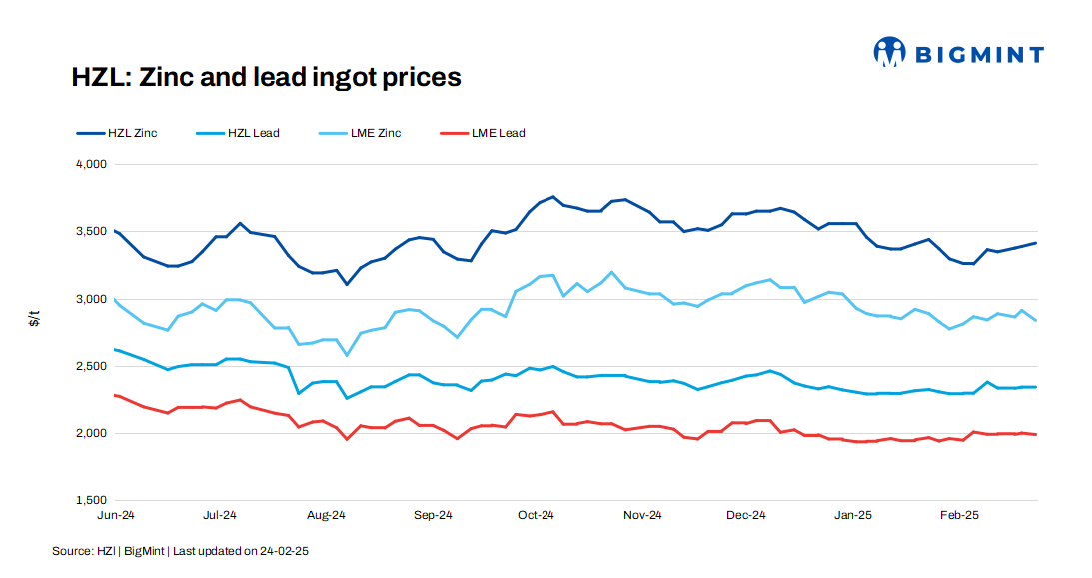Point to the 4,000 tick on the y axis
91,164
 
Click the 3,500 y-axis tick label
91,231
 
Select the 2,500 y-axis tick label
91,366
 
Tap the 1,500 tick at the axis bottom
91,500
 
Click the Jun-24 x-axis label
115,516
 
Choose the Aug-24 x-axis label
326,516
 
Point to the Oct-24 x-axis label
536,516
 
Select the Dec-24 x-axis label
746,516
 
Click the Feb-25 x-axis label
959,516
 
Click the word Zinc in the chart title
170,77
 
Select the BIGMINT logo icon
889,53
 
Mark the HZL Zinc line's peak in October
552,197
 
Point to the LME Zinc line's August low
347,355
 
